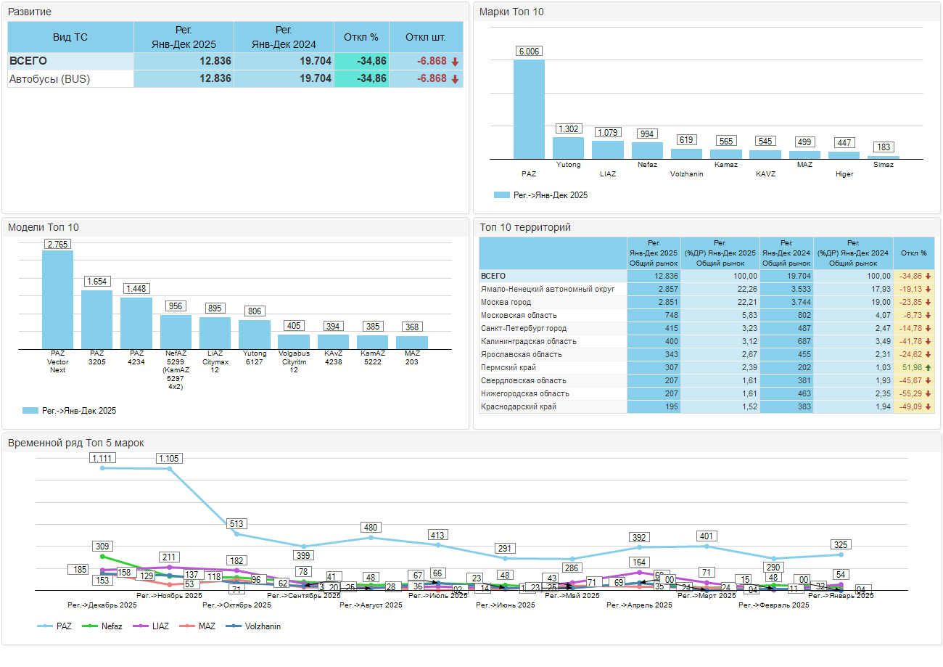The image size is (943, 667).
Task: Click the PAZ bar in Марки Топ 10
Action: pos(529,109)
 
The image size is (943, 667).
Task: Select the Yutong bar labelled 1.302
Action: pos(568,148)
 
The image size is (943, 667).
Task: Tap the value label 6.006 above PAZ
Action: pos(529,51)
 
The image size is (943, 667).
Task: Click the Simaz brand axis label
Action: pos(884,165)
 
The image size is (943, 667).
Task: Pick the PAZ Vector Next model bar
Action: pos(57,299)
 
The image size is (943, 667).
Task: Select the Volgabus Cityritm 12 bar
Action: pos(294,341)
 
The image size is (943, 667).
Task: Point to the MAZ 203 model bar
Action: pos(412,342)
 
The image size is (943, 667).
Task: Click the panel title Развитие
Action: pos(29,12)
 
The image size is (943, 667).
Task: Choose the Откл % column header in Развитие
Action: pos(361,37)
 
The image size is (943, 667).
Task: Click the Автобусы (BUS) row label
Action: pos(49,78)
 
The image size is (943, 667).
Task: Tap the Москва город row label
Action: pos(506,302)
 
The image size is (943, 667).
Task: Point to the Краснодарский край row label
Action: pos(519,406)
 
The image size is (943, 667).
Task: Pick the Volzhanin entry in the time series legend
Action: pos(262,626)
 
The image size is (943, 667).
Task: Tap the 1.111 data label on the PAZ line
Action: pos(102,458)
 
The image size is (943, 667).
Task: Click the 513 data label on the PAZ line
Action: pos(236,523)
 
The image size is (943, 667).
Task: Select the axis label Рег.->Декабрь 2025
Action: pos(102,605)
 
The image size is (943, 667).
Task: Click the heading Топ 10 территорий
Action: pos(525,227)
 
